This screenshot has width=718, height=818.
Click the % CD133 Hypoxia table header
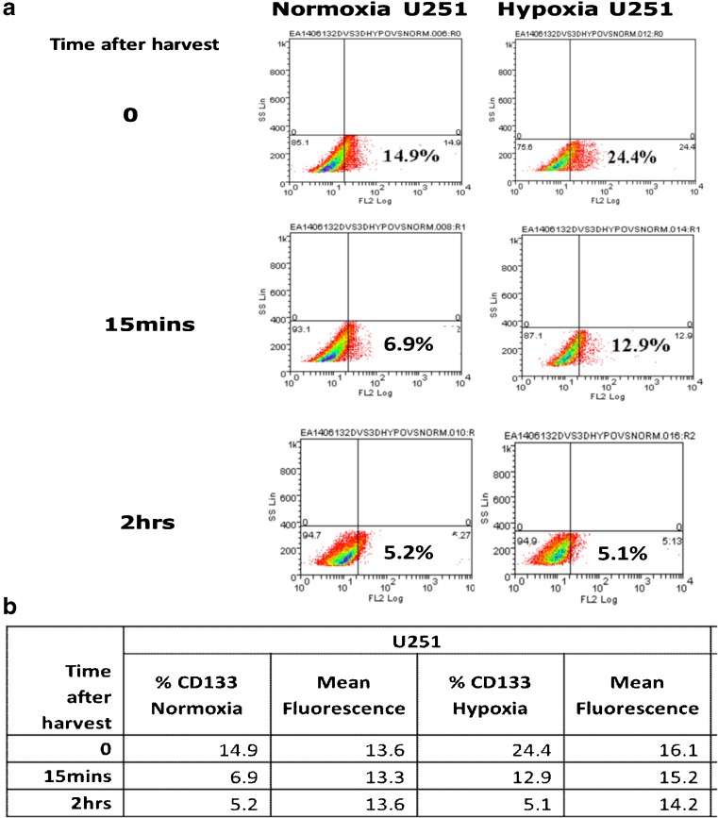490,693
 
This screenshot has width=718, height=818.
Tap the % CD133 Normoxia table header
197,693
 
